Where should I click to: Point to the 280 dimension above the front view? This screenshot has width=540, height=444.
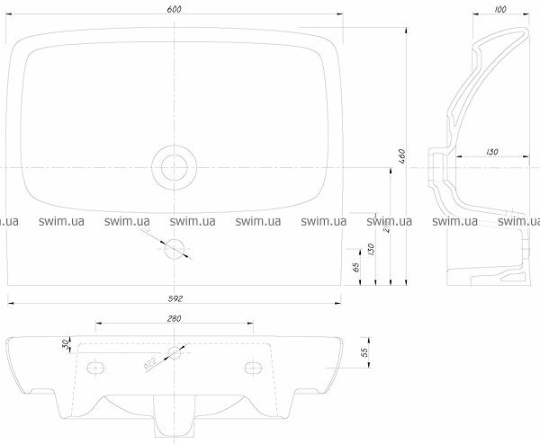pyautogui.click(x=175, y=318)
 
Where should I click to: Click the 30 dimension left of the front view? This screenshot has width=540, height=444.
pyautogui.click(x=66, y=344)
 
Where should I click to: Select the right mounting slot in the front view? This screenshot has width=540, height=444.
pyautogui.click(x=255, y=367)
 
